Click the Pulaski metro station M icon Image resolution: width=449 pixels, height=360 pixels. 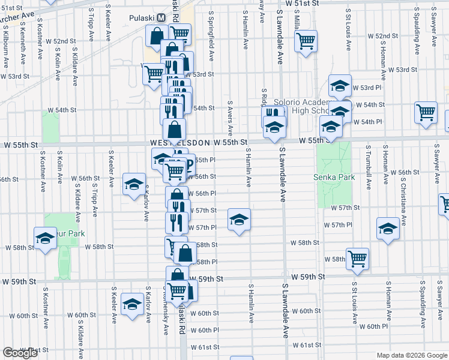(x=160, y=18)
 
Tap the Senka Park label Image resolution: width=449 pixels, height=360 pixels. (x=334, y=177)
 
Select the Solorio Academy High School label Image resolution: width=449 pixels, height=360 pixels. (x=303, y=106)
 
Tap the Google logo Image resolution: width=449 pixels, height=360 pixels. (x=20, y=352)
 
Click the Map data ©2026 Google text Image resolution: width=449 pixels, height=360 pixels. (x=412, y=355)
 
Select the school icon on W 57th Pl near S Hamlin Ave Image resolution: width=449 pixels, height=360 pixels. (x=239, y=220)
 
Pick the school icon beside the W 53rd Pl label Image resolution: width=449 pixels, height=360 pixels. (x=340, y=86)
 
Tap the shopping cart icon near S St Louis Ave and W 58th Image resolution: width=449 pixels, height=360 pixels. (x=357, y=259)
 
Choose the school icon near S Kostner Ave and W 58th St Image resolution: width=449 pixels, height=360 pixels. (x=45, y=238)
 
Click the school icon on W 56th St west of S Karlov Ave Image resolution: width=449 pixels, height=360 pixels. (x=134, y=184)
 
